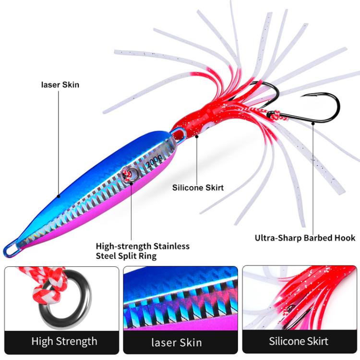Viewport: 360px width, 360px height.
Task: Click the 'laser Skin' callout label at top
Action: point(60,85)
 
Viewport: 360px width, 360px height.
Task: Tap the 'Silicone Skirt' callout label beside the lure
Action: point(198,188)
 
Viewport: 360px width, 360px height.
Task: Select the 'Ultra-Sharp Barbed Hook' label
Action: point(305,238)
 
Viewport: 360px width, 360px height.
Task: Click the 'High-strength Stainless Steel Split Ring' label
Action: point(143,251)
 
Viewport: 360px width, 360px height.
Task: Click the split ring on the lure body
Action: point(130,175)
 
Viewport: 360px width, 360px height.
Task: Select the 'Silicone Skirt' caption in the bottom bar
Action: point(299,341)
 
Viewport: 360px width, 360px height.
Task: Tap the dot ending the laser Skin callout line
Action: point(59,196)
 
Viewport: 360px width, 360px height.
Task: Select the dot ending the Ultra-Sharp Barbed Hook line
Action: point(313,122)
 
